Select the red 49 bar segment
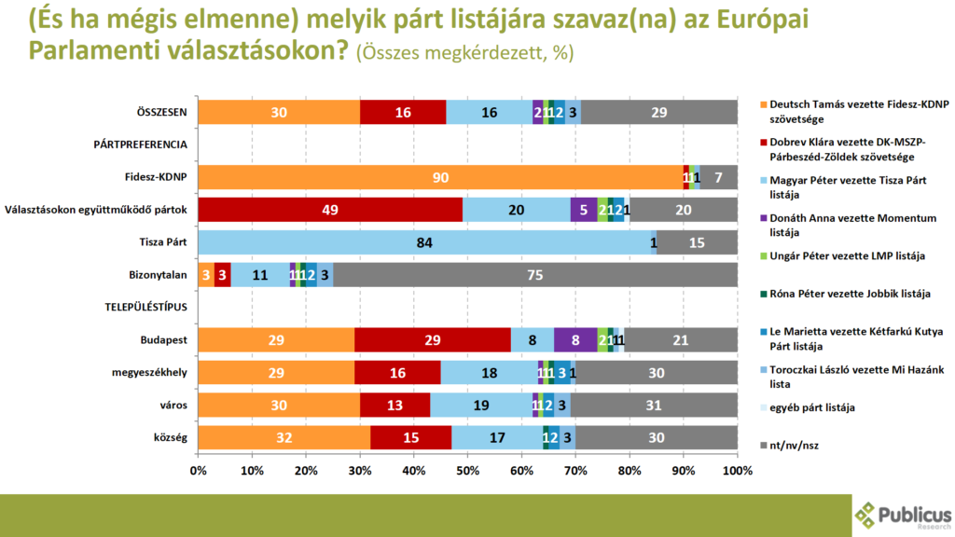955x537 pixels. click(330, 211)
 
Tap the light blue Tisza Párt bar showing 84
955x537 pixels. click(424, 243)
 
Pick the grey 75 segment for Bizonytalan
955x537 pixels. click(535, 276)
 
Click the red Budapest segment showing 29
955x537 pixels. click(433, 341)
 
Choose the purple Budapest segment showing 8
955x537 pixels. click(575, 341)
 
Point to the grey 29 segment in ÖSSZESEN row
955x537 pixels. click(659, 113)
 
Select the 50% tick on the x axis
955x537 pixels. click(467, 470)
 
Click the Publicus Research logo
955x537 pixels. click(903, 516)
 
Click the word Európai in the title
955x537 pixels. click(753, 20)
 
